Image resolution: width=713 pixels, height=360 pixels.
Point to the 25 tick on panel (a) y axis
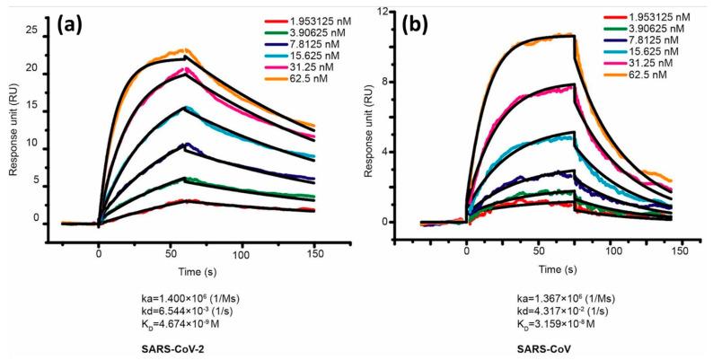pyautogui.click(x=31, y=31)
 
